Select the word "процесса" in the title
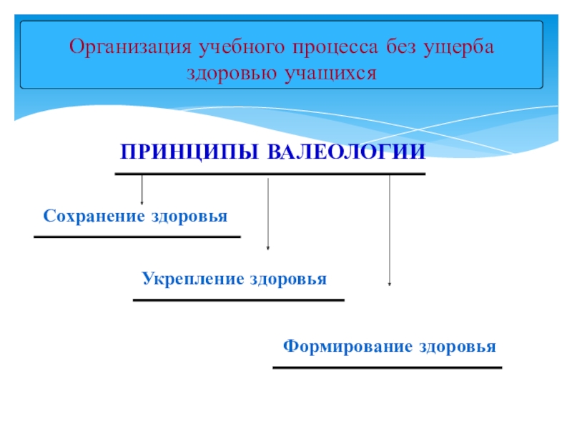coord(327,47)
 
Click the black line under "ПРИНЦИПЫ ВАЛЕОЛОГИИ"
coord(270,173)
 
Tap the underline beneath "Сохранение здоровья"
coord(137,237)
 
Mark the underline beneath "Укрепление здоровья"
coord(239,300)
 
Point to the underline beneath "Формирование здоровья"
coord(388,368)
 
